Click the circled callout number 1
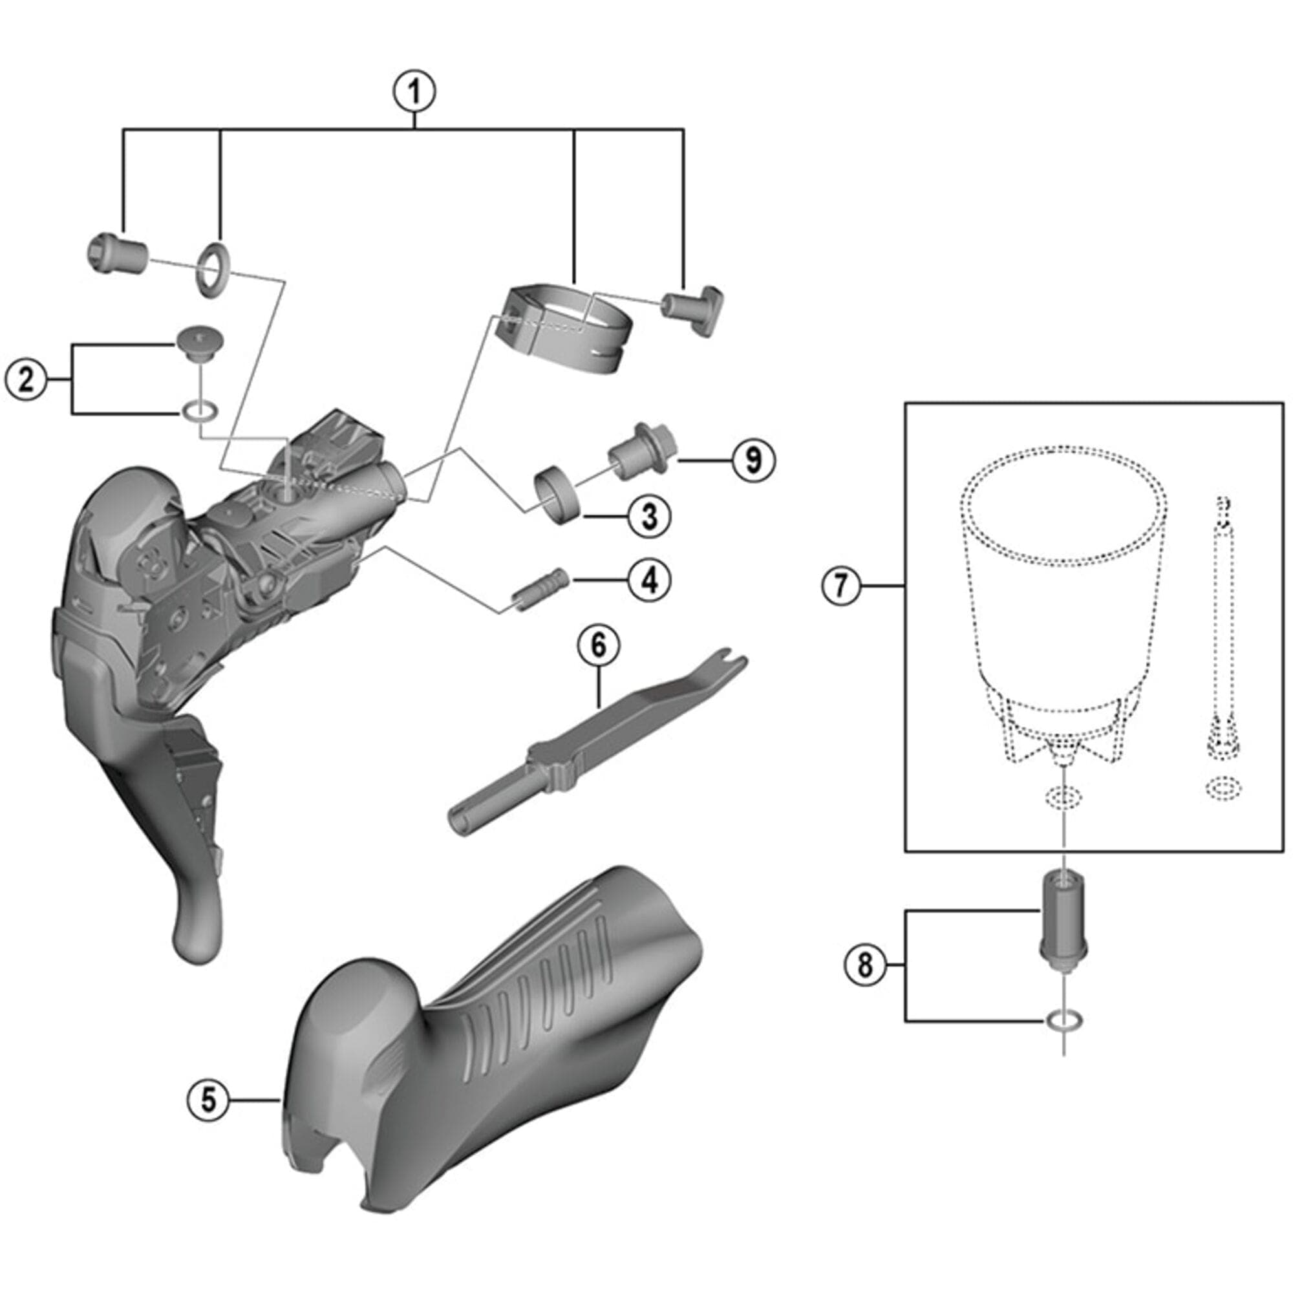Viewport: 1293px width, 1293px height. click(414, 92)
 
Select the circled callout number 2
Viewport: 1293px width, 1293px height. click(26, 380)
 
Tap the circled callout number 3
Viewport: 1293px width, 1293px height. click(649, 516)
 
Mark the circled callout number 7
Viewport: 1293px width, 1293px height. click(841, 586)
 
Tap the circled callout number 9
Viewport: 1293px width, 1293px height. click(754, 460)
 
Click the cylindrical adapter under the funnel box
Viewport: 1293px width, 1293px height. click(1062, 919)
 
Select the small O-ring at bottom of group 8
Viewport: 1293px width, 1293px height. click(1063, 1020)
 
